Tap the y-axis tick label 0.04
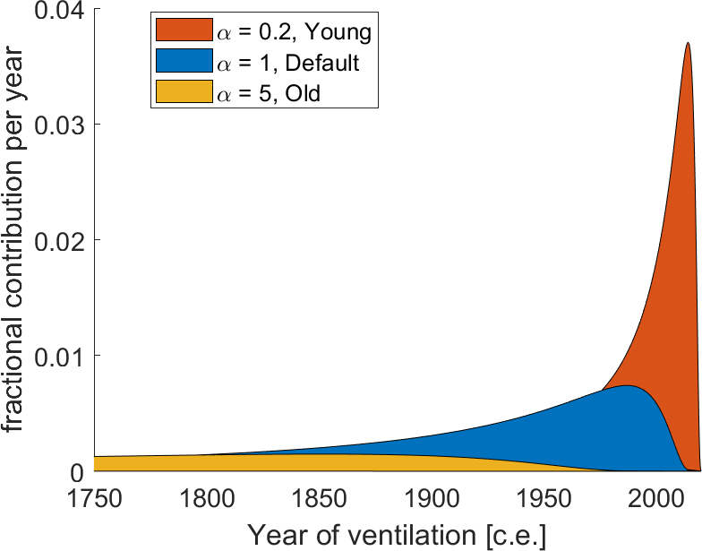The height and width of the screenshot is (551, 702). coord(58,11)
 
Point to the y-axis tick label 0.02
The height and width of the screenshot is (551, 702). coord(58,239)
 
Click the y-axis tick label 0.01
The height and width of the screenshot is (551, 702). coord(58,356)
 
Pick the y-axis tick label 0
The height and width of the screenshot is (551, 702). coord(75,471)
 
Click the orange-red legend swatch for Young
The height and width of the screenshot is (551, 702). coord(183,33)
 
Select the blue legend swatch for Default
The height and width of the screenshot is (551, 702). coord(183,62)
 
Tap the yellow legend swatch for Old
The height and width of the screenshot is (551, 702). coord(183,90)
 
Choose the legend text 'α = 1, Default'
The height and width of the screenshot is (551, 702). coord(288,63)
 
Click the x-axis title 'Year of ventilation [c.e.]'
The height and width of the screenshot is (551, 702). coord(396,535)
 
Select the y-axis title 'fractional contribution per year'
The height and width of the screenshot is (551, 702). coord(15,240)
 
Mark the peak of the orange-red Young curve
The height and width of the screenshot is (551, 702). coord(687,43)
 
